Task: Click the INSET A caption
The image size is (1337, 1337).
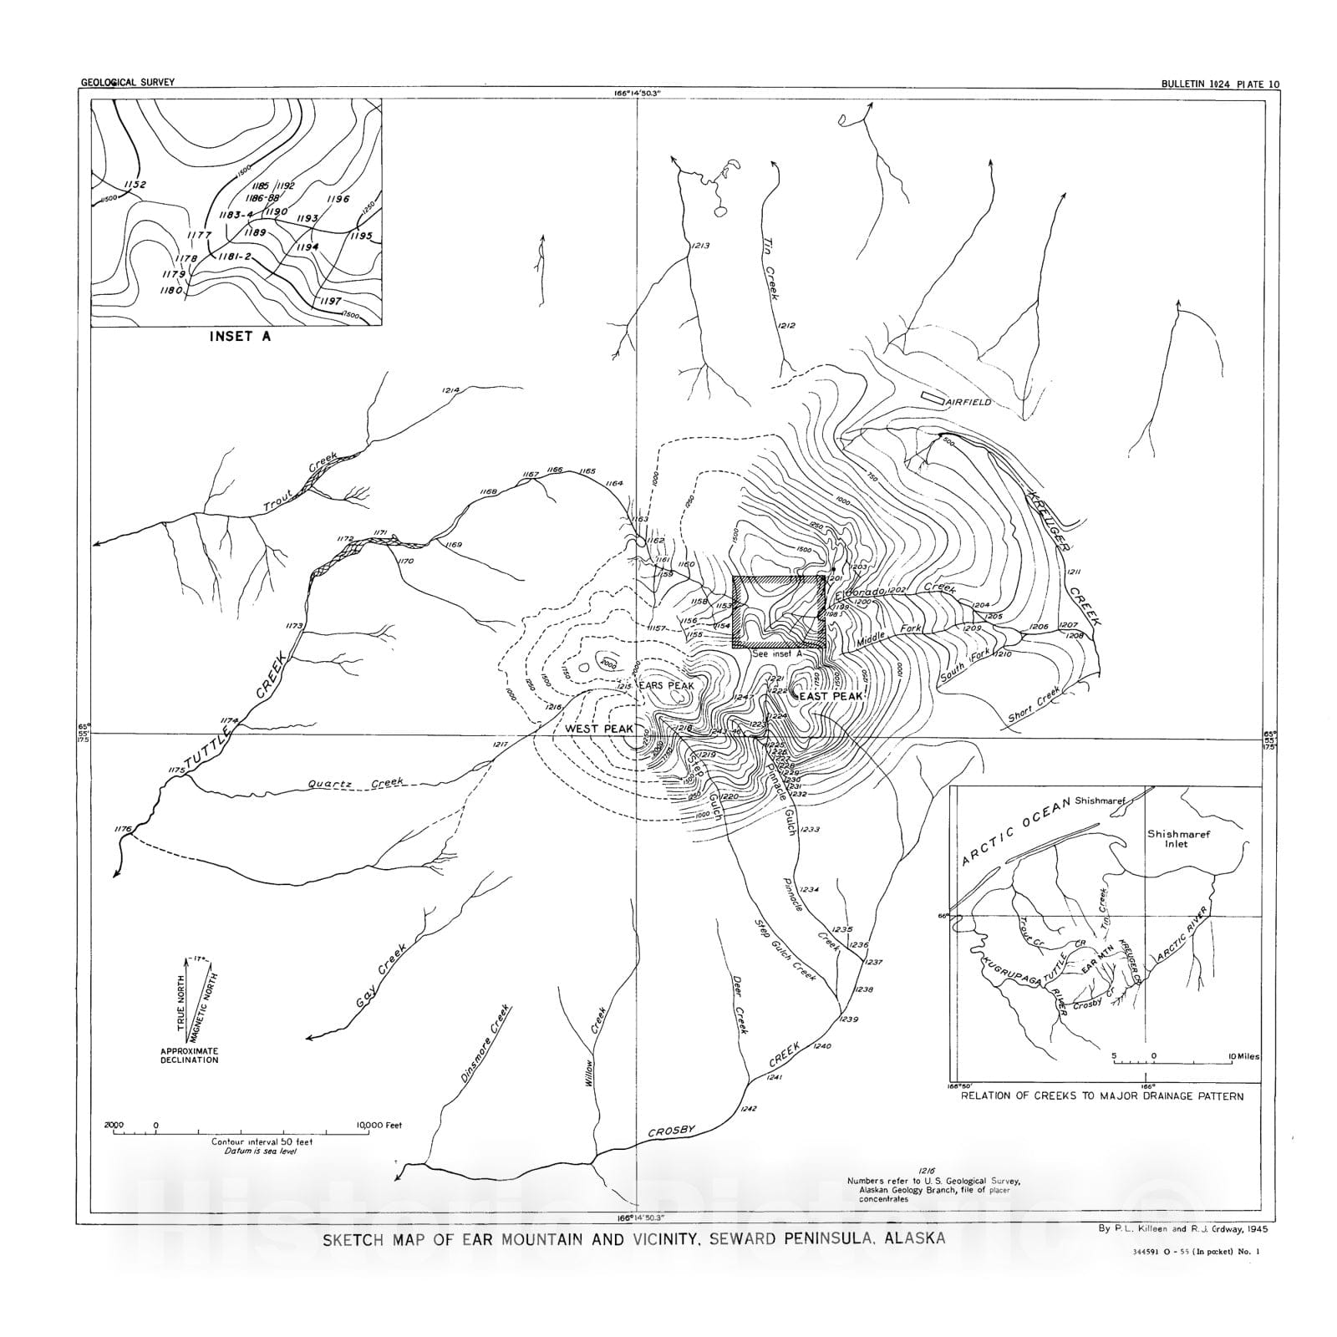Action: click(x=239, y=338)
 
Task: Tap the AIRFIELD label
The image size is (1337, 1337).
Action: click(x=969, y=402)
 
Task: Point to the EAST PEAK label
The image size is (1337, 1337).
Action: click(x=831, y=695)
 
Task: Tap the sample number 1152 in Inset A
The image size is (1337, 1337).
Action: click(x=134, y=185)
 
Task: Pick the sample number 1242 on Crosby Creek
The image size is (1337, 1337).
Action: click(x=748, y=1109)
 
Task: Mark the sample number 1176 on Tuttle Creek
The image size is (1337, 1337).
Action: click(x=124, y=828)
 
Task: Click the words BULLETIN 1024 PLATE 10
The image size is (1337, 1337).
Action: click(x=1220, y=84)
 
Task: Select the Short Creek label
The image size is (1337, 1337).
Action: click(x=1034, y=705)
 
